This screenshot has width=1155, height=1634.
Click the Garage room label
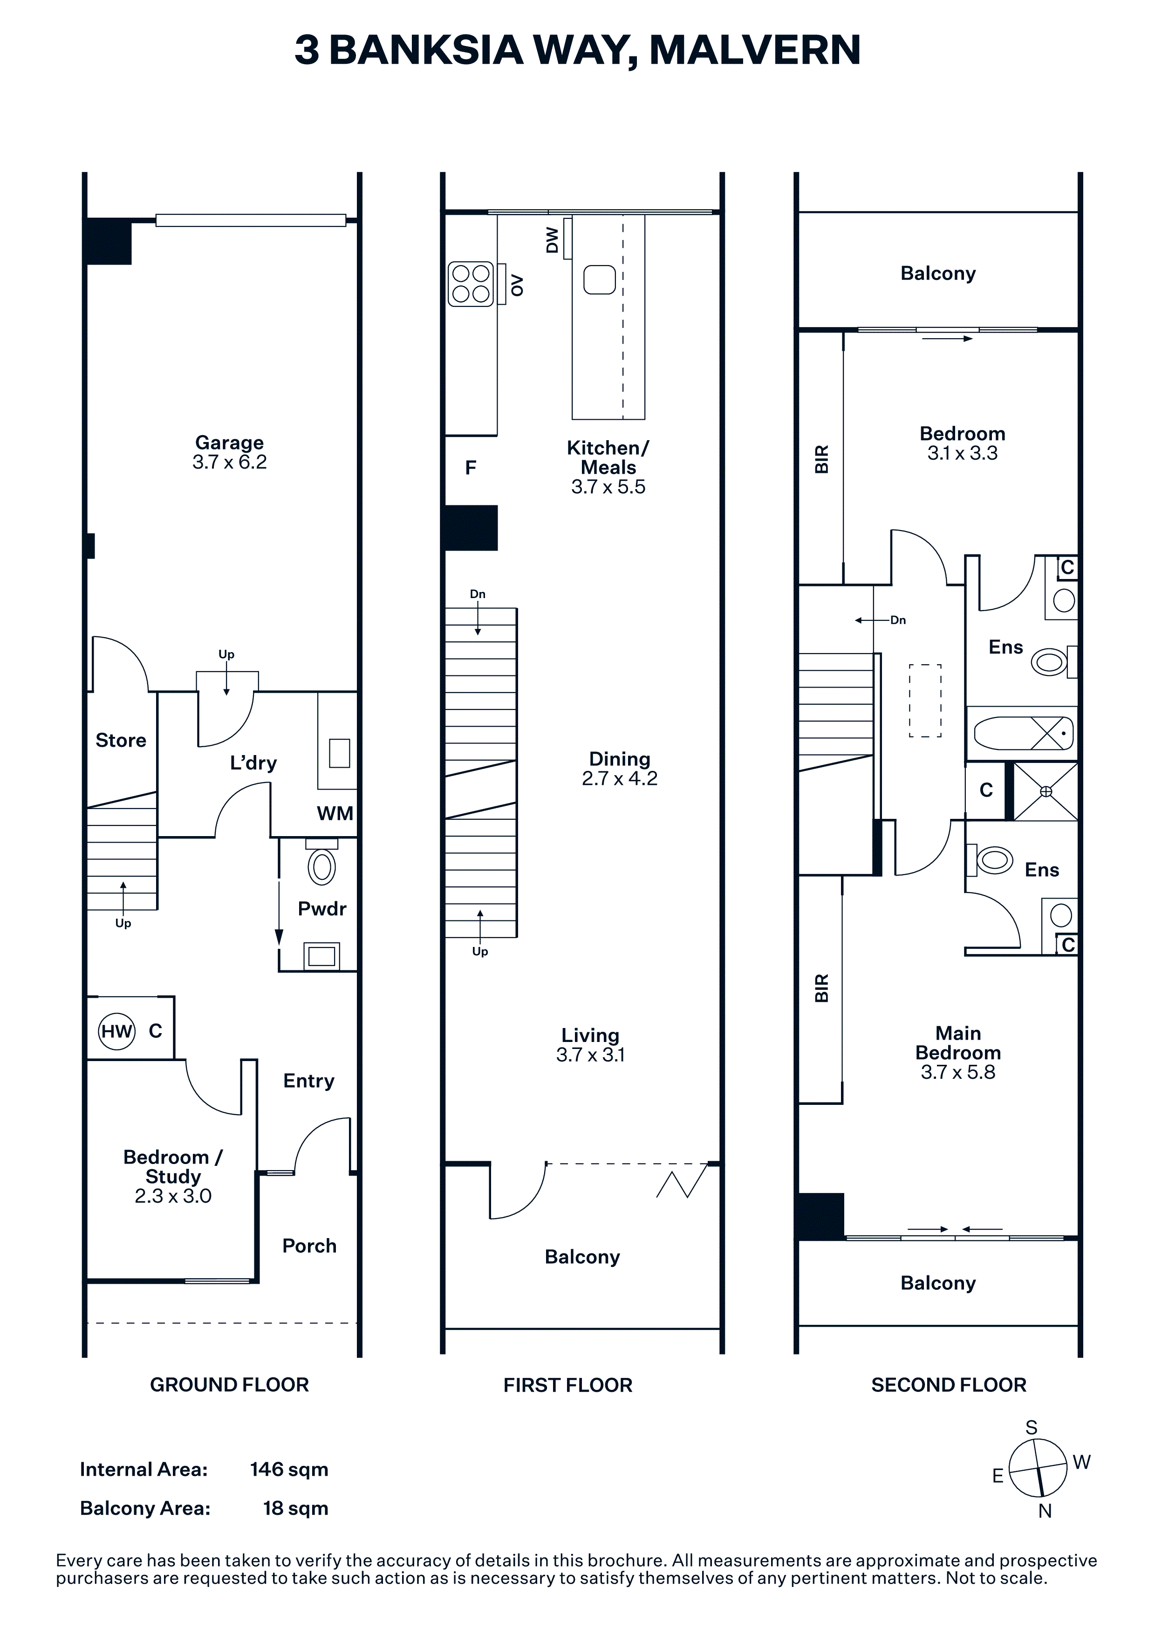[229, 443]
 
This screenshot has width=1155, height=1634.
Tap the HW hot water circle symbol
[116, 1031]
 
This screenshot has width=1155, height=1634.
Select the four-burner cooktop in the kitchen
[471, 284]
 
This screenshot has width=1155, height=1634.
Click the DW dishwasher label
[552, 240]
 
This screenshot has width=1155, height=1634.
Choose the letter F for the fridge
[471, 468]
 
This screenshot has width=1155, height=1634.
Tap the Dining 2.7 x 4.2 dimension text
[620, 778]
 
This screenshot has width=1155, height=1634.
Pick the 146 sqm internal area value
[289, 1470]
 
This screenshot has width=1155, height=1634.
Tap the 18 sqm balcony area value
[295, 1509]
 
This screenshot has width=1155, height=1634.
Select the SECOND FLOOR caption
[949, 1385]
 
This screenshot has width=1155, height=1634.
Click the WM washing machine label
[335, 813]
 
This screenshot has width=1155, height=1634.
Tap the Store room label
[121, 740]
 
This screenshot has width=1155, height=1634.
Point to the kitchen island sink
[599, 279]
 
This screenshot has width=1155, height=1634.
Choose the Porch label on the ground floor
[309, 1246]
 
